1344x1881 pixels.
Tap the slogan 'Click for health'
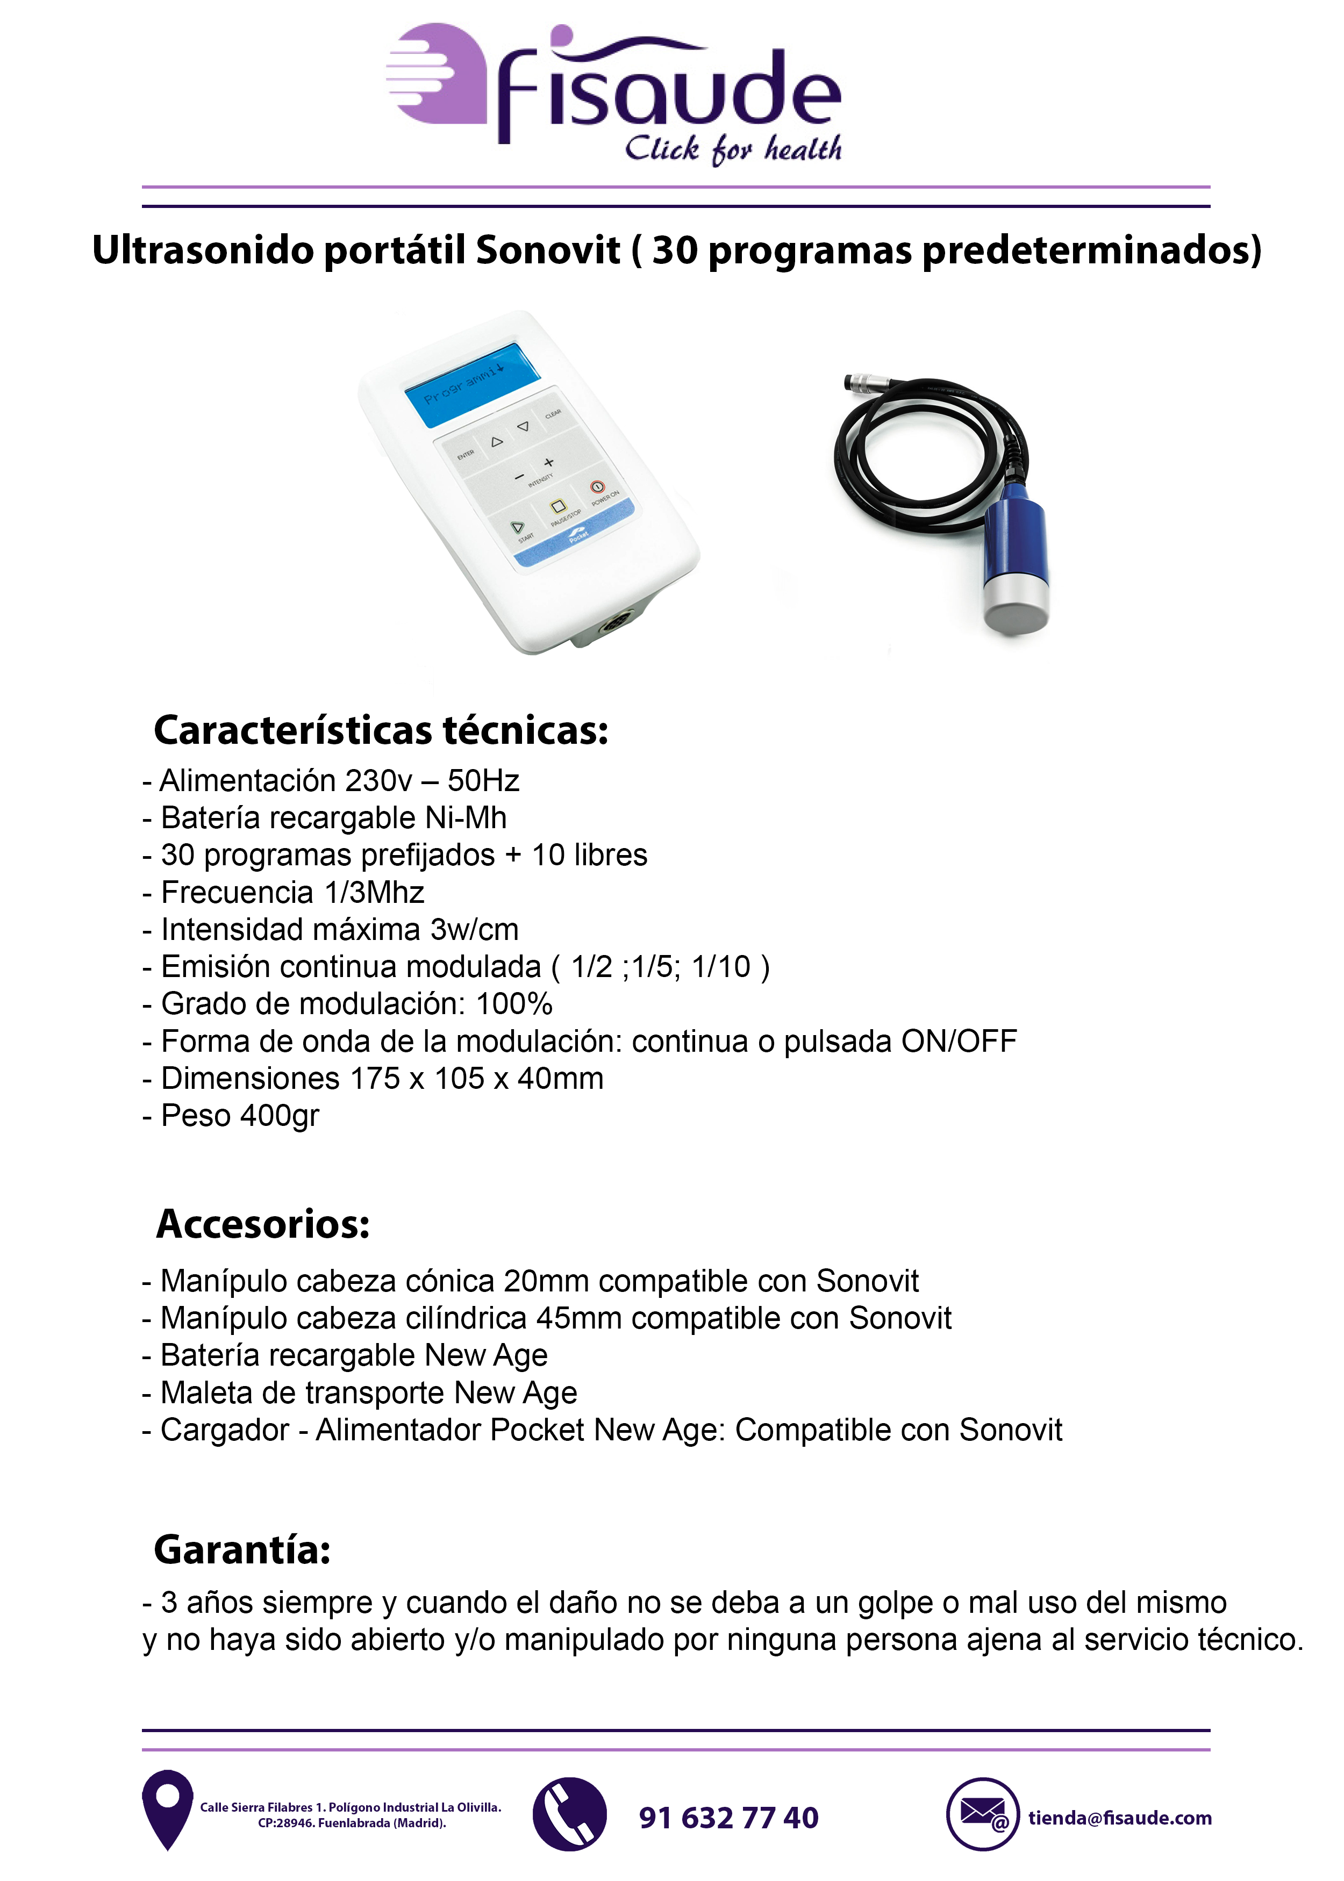(x=732, y=149)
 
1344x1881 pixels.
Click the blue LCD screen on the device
(x=471, y=385)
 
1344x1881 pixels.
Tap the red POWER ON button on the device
(x=597, y=487)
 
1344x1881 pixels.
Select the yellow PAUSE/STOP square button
(x=558, y=506)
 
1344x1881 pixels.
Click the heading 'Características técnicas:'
(x=381, y=730)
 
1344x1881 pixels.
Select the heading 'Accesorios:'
(x=263, y=1224)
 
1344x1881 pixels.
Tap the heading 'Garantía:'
(x=242, y=1550)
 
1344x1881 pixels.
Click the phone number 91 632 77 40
(x=728, y=1817)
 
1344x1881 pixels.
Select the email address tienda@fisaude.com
(x=1119, y=1817)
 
